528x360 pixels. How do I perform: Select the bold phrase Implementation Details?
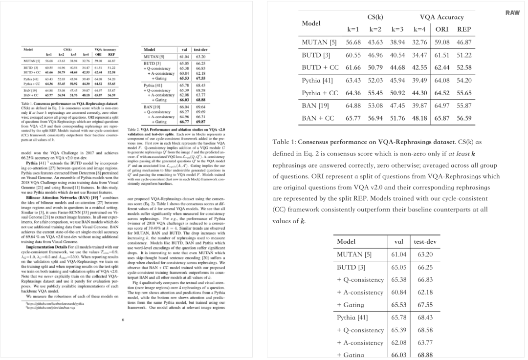[47, 247]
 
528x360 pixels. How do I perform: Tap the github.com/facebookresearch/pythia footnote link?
[46, 303]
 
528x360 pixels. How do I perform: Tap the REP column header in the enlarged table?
[463, 29]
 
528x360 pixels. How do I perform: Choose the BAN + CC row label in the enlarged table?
[318, 118]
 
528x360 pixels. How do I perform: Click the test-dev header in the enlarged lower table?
[425, 241]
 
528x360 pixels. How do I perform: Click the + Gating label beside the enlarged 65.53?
[351, 291]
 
